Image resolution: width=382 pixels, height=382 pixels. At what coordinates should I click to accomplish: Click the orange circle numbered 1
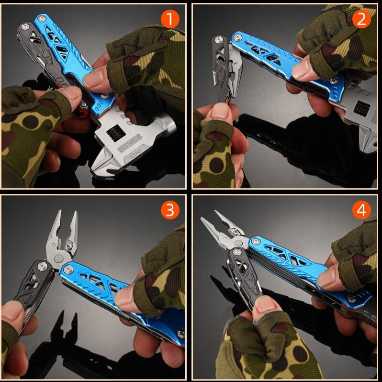(x=170, y=19)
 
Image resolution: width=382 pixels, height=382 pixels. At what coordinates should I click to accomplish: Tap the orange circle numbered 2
(x=361, y=19)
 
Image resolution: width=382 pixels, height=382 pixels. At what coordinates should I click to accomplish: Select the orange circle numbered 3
(x=170, y=210)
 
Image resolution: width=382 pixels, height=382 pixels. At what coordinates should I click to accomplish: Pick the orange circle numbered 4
(x=361, y=210)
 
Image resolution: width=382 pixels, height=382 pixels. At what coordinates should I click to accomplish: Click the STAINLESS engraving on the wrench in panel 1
(x=129, y=144)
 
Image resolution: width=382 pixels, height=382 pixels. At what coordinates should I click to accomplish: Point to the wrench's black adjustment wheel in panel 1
(x=116, y=133)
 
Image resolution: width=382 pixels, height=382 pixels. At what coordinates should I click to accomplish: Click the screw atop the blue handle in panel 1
(x=42, y=18)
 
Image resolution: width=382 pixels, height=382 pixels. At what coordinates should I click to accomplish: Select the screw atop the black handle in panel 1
(x=24, y=26)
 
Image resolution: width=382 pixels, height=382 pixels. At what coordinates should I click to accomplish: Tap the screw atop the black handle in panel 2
(x=219, y=39)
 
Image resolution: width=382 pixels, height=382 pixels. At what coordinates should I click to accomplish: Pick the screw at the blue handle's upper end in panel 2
(x=237, y=37)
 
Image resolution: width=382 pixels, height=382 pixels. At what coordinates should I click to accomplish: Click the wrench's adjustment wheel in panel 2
(x=362, y=109)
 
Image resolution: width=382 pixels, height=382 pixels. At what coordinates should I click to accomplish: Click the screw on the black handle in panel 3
(x=43, y=267)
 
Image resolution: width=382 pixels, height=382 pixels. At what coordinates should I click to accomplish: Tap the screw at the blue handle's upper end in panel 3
(x=68, y=270)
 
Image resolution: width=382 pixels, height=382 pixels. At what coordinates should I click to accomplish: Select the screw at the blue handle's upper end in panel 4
(x=256, y=241)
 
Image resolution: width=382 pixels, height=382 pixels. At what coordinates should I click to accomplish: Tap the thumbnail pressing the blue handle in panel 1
(x=94, y=78)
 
